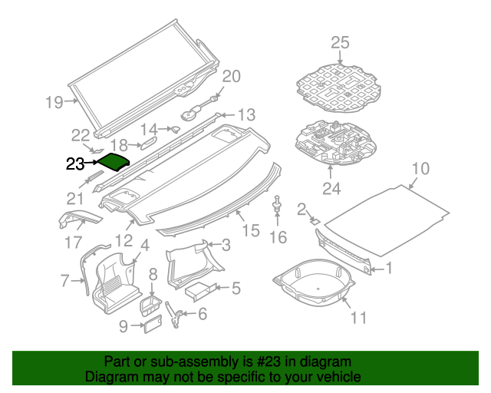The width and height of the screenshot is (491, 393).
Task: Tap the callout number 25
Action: (340, 42)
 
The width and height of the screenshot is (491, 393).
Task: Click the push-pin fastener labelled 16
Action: (276, 205)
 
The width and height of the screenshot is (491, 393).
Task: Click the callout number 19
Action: (53, 101)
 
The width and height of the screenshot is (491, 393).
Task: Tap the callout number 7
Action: (65, 281)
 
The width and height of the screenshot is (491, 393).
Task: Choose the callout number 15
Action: (251, 230)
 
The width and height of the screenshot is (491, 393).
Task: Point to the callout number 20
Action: (231, 76)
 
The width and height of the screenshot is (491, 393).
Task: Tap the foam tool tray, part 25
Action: (341, 85)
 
